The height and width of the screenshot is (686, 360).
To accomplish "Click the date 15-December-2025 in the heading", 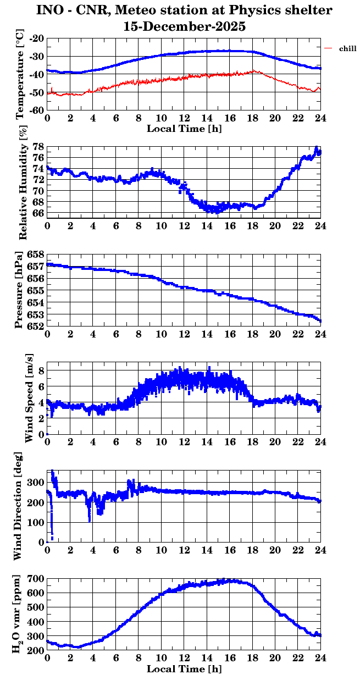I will pos(184,26).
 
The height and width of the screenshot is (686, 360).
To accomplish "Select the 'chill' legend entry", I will pos(348,49).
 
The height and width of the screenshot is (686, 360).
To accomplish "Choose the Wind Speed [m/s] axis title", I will pos(29,399).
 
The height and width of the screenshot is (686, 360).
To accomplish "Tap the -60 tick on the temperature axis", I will pos(37,110).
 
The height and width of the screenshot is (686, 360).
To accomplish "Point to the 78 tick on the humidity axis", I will pos(39,147).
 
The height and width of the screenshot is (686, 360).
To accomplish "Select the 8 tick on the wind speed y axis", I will pos(42,370).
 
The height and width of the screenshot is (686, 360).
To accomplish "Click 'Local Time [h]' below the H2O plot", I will pos(184,669).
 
